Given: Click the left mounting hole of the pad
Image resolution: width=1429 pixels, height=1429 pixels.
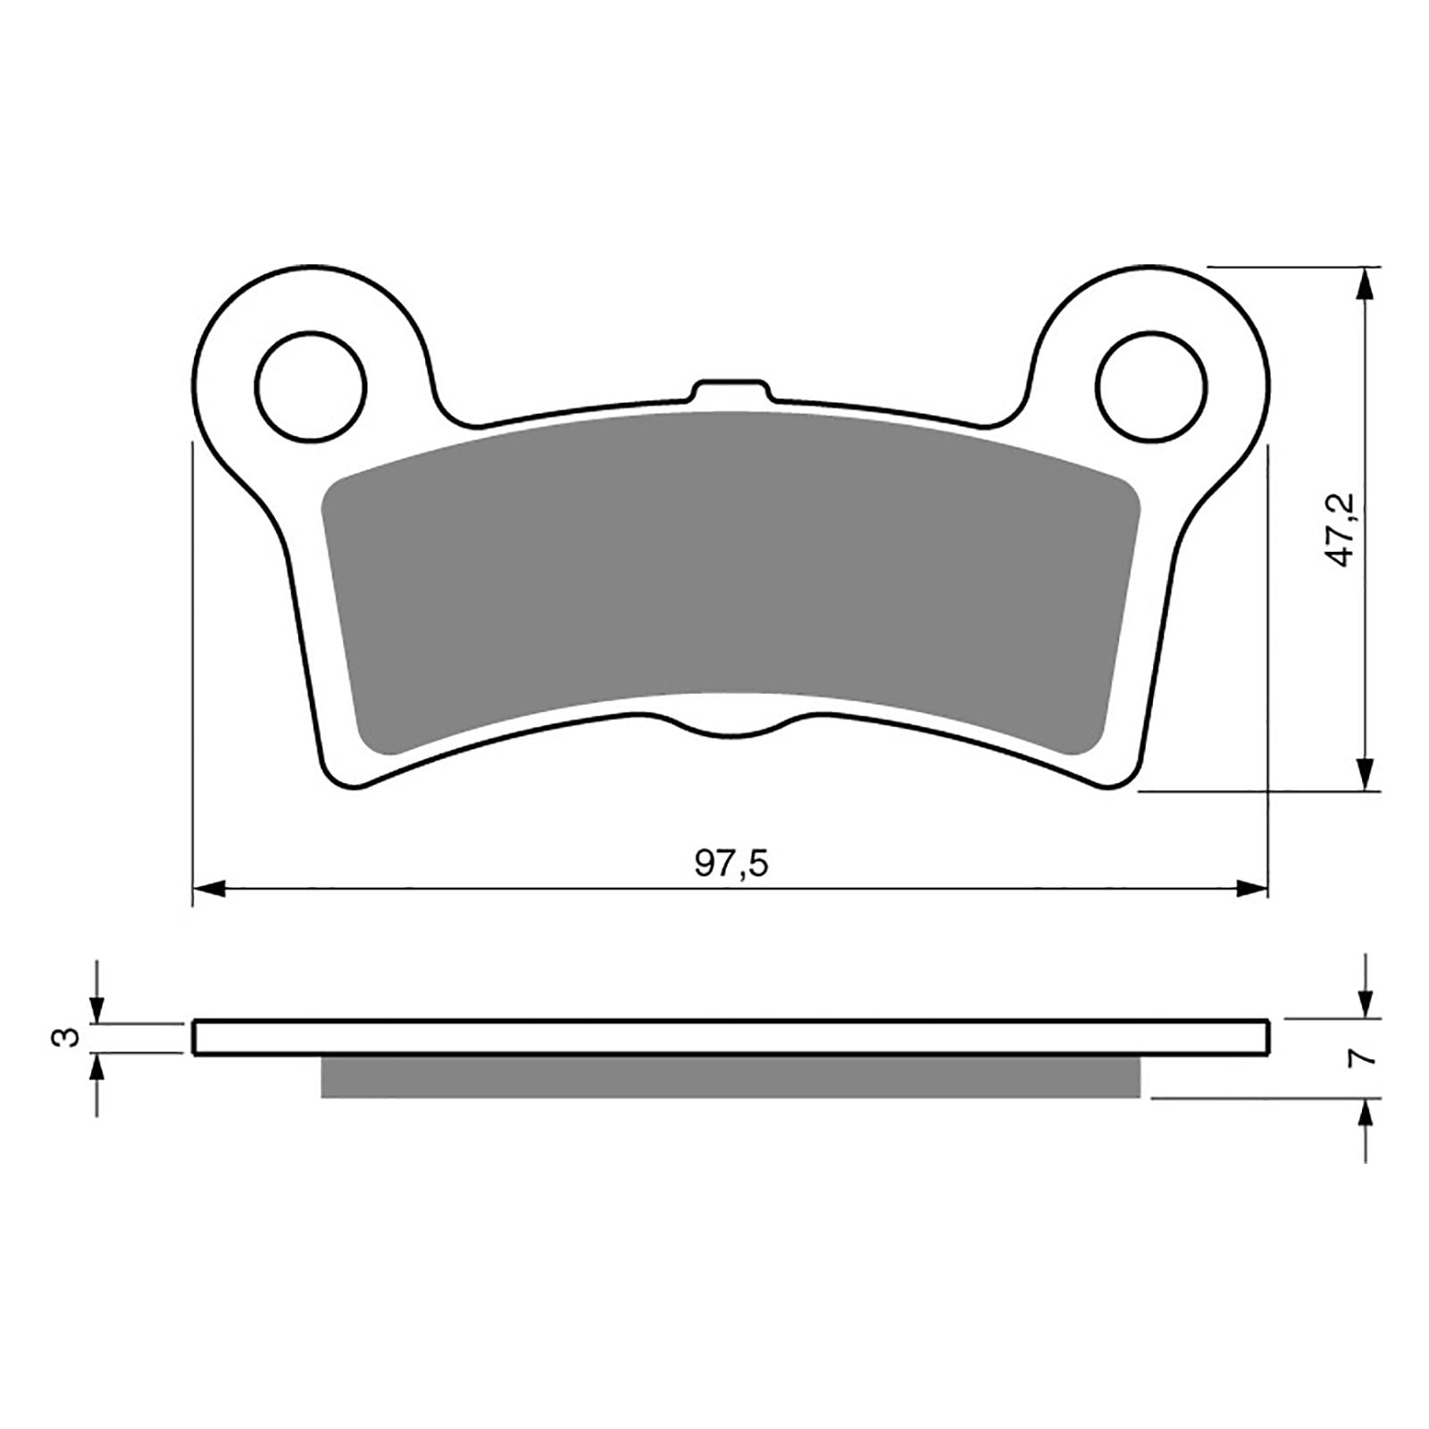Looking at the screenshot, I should click(311, 387).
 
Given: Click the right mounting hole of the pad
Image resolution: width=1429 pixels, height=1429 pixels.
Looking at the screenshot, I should click(1152, 387).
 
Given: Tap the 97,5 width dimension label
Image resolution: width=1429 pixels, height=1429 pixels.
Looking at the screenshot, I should click(731, 864).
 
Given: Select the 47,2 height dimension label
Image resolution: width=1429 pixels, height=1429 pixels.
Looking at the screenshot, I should click(1345, 530).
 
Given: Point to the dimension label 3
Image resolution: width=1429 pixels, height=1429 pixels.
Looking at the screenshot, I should click(63, 1038).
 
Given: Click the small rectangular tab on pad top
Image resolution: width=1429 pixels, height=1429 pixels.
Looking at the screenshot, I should click(731, 390).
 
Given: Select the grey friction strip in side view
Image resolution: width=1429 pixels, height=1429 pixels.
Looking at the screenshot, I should click(731, 1077).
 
